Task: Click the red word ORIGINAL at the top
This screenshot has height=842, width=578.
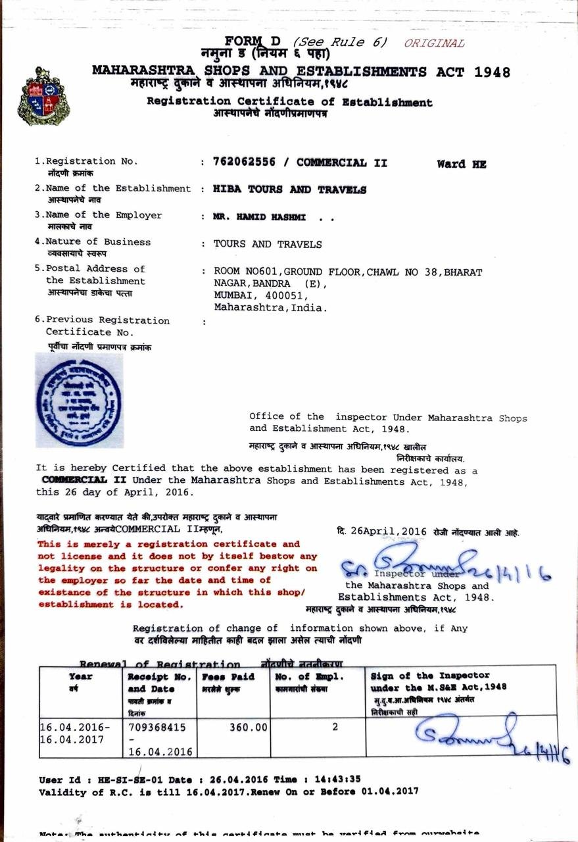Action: [x=434, y=43]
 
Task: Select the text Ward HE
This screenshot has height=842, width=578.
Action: [x=461, y=164]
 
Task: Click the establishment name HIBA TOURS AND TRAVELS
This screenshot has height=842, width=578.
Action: [x=290, y=189]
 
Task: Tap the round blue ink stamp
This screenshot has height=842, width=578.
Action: [x=78, y=399]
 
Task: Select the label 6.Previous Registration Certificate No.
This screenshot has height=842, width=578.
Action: [x=102, y=326]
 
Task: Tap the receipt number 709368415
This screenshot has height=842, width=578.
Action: [x=157, y=728]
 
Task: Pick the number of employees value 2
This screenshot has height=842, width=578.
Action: [x=335, y=728]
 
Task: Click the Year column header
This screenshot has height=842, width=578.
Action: [x=81, y=676]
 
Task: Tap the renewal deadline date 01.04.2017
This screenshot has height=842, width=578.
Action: [x=390, y=792]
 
